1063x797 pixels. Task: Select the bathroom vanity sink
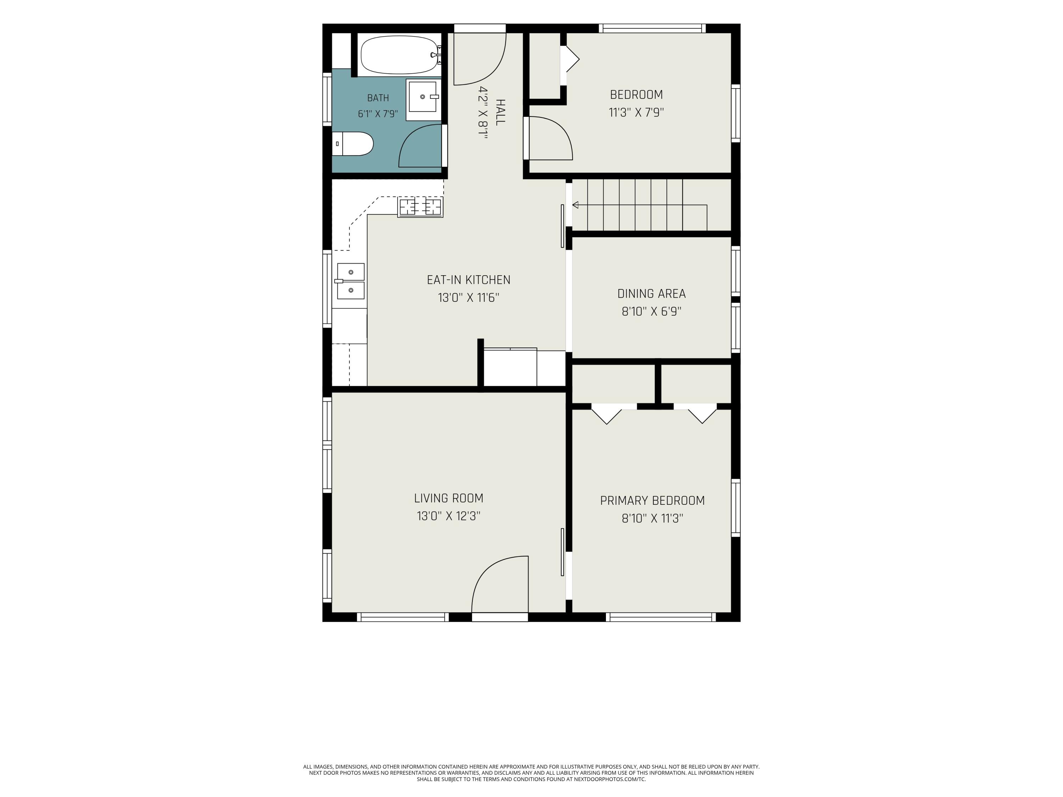tap(423, 100)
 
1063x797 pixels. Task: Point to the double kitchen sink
tap(350, 281)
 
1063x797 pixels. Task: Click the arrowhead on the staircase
tap(575, 205)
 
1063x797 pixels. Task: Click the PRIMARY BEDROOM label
tap(652, 501)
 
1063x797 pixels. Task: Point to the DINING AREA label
tap(651, 294)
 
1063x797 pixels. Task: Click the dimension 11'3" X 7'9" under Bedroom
tap(636, 112)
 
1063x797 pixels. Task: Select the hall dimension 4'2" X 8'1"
tap(483, 113)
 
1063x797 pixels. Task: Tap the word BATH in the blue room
tap(378, 98)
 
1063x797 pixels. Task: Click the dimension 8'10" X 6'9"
tap(651, 311)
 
